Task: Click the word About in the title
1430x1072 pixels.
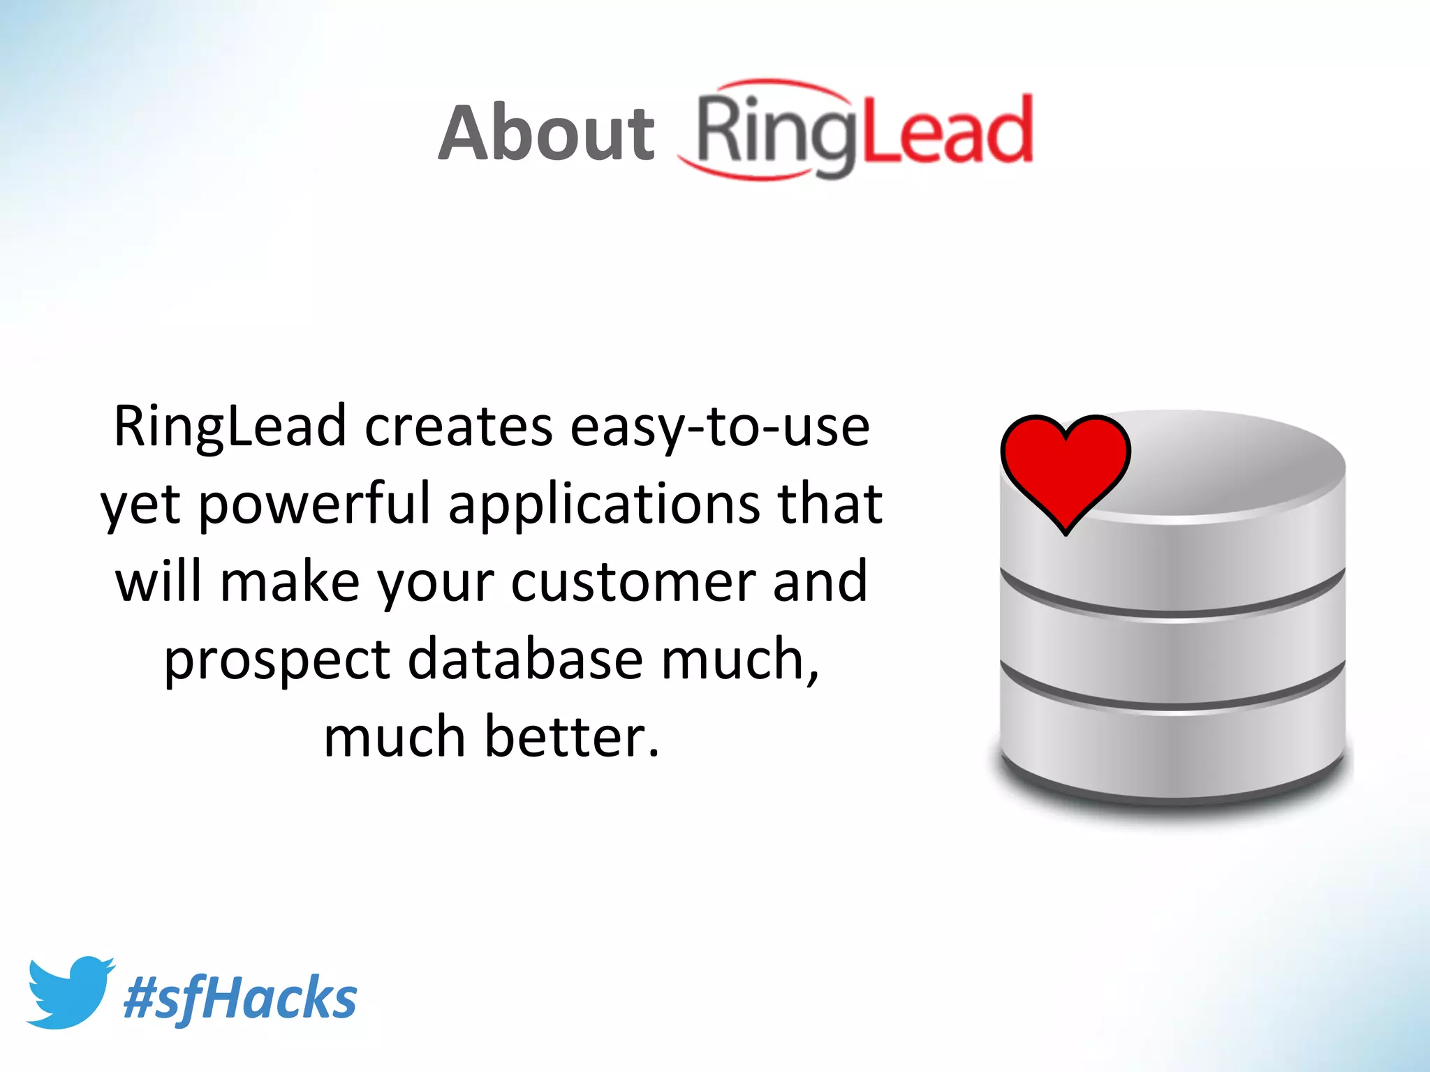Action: pos(547,133)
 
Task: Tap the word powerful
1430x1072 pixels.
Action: pos(314,504)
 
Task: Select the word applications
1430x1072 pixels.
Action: pos(604,504)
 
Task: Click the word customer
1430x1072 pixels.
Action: pos(633,581)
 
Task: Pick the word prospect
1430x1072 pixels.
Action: pos(277,660)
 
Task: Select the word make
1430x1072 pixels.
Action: pos(290,581)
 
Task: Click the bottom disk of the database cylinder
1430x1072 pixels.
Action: pos(1173,750)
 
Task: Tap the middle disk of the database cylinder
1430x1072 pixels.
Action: pos(1173,660)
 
